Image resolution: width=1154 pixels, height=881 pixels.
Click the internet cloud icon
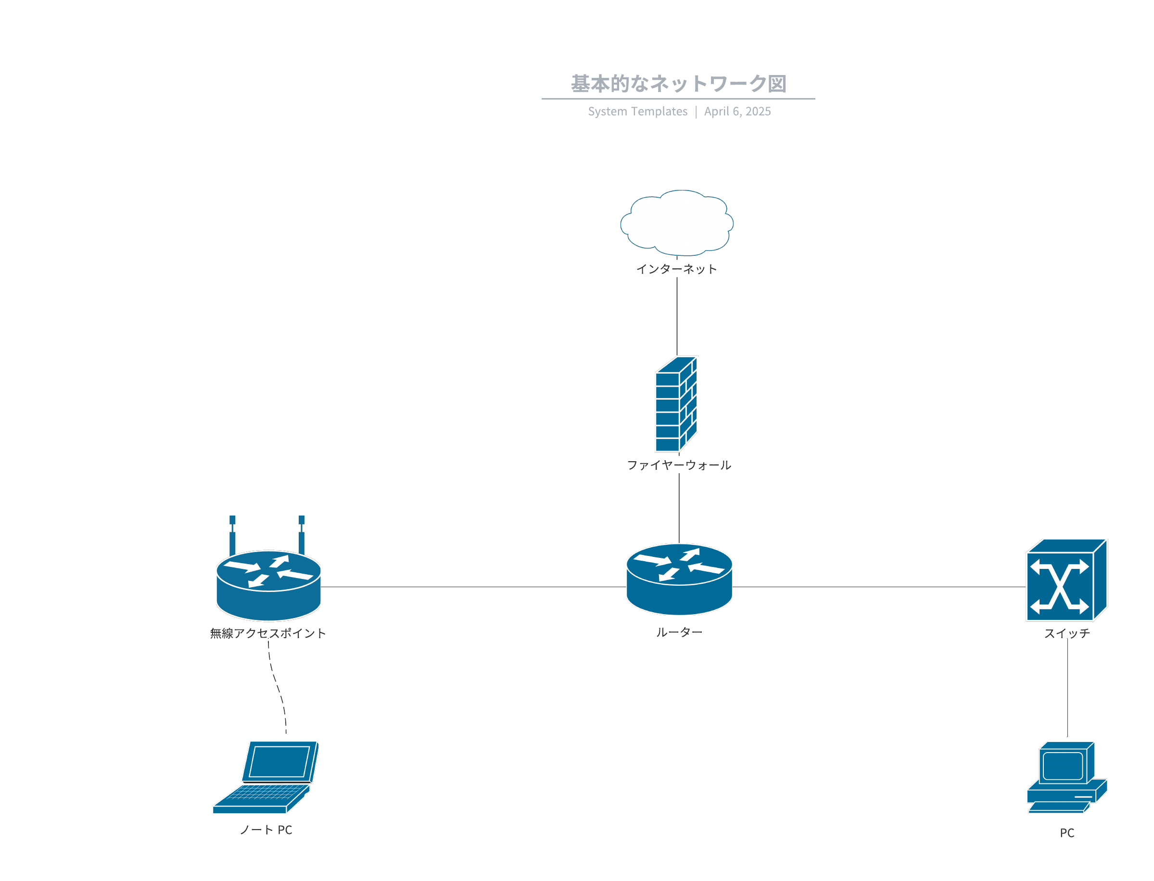pos(676,222)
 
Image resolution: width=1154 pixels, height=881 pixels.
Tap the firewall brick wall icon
pos(676,403)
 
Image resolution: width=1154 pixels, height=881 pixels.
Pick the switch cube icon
pos(1066,579)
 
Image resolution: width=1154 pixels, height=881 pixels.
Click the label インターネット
pos(676,269)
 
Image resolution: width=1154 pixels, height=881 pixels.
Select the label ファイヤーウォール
pos(679,465)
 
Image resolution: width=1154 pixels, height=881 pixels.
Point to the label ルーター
pos(679,632)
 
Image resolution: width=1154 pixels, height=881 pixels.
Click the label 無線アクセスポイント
pos(267,633)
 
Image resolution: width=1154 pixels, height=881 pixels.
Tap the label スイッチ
pos(1066,633)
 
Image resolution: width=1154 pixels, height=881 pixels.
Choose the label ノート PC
pos(266,829)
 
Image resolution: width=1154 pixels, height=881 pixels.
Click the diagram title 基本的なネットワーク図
pos(678,84)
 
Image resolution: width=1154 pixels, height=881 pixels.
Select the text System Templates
pos(637,111)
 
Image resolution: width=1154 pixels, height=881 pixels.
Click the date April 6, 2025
pos(737,111)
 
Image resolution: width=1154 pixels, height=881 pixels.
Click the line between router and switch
pos(879,587)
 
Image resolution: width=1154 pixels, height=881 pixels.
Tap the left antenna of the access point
pos(232,535)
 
